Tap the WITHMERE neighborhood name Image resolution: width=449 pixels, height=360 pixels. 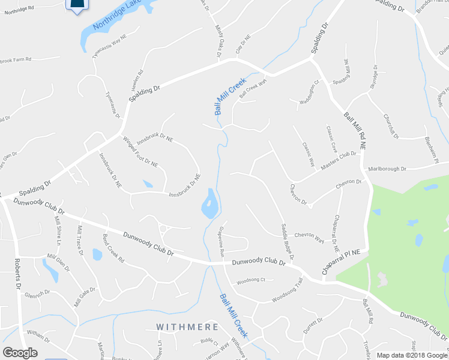[x=187, y=327]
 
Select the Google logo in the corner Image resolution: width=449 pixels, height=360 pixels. [x=20, y=353]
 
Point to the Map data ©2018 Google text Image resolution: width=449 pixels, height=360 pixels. [x=411, y=355]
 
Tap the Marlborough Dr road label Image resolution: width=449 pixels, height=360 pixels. [x=387, y=169]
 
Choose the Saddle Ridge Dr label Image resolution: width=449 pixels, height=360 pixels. [x=288, y=241]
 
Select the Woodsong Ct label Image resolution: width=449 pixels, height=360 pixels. [x=251, y=280]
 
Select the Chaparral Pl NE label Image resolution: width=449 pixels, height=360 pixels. [x=343, y=262]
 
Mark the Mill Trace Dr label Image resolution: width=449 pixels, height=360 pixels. [x=79, y=241]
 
